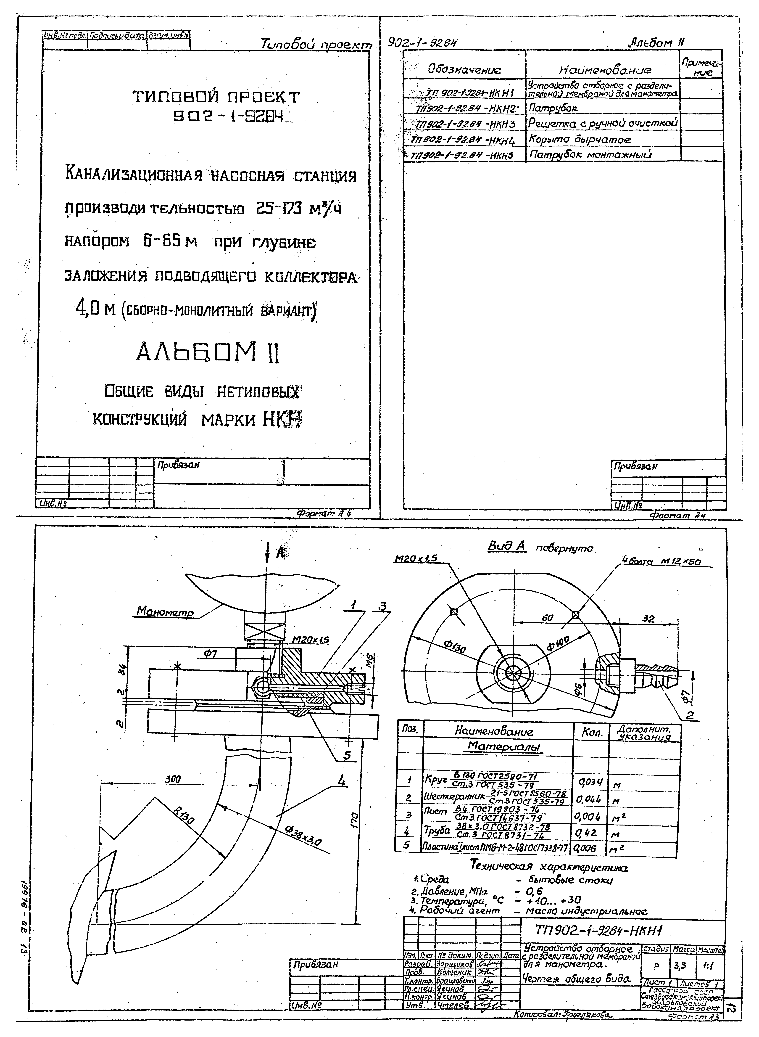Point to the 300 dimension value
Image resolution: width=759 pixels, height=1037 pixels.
(173, 779)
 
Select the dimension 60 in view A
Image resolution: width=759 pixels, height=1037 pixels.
(547, 618)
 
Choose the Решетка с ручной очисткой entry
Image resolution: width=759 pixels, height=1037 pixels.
(603, 123)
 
